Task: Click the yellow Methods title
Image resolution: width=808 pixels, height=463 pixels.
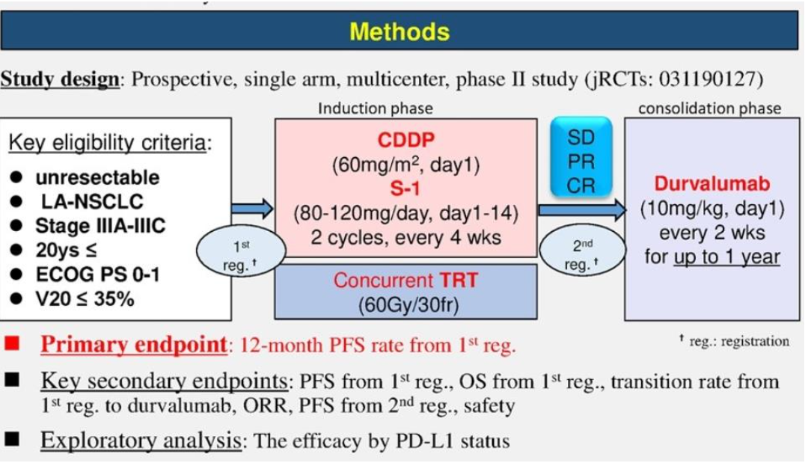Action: tap(400, 31)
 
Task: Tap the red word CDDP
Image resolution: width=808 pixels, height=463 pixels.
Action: tap(406, 140)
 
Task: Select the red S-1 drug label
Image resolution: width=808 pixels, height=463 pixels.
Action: tap(405, 188)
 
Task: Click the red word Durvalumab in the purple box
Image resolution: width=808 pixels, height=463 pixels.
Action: tap(712, 183)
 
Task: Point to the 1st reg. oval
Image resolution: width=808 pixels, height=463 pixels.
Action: tap(241, 252)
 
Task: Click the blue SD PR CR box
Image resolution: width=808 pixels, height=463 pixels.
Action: tap(581, 158)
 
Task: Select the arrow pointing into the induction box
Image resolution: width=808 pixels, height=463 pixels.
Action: tap(252, 209)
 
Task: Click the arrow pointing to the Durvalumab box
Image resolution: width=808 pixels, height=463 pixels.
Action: tap(582, 210)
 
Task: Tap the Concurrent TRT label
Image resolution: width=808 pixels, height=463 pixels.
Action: tap(405, 280)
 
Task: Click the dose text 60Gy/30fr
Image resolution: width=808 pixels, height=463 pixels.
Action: tap(408, 305)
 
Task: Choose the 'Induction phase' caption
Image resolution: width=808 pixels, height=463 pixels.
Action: tap(375, 108)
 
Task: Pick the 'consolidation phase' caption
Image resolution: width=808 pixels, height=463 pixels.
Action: tap(709, 108)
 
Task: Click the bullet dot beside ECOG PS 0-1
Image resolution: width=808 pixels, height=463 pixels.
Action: tap(16, 274)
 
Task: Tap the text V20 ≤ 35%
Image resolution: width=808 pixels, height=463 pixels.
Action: tap(85, 298)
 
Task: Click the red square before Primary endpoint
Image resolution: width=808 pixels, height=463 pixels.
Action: tap(12, 343)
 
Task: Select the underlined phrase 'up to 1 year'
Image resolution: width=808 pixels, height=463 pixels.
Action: tap(727, 257)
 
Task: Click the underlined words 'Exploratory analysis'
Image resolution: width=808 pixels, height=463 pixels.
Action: tap(141, 441)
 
